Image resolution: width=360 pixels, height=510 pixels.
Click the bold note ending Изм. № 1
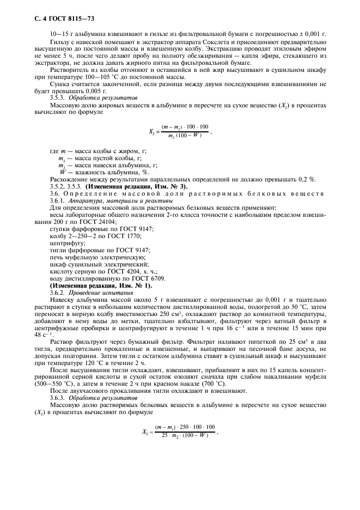[x=101, y=286]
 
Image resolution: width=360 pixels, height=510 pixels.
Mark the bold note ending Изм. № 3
[x=136, y=187]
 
